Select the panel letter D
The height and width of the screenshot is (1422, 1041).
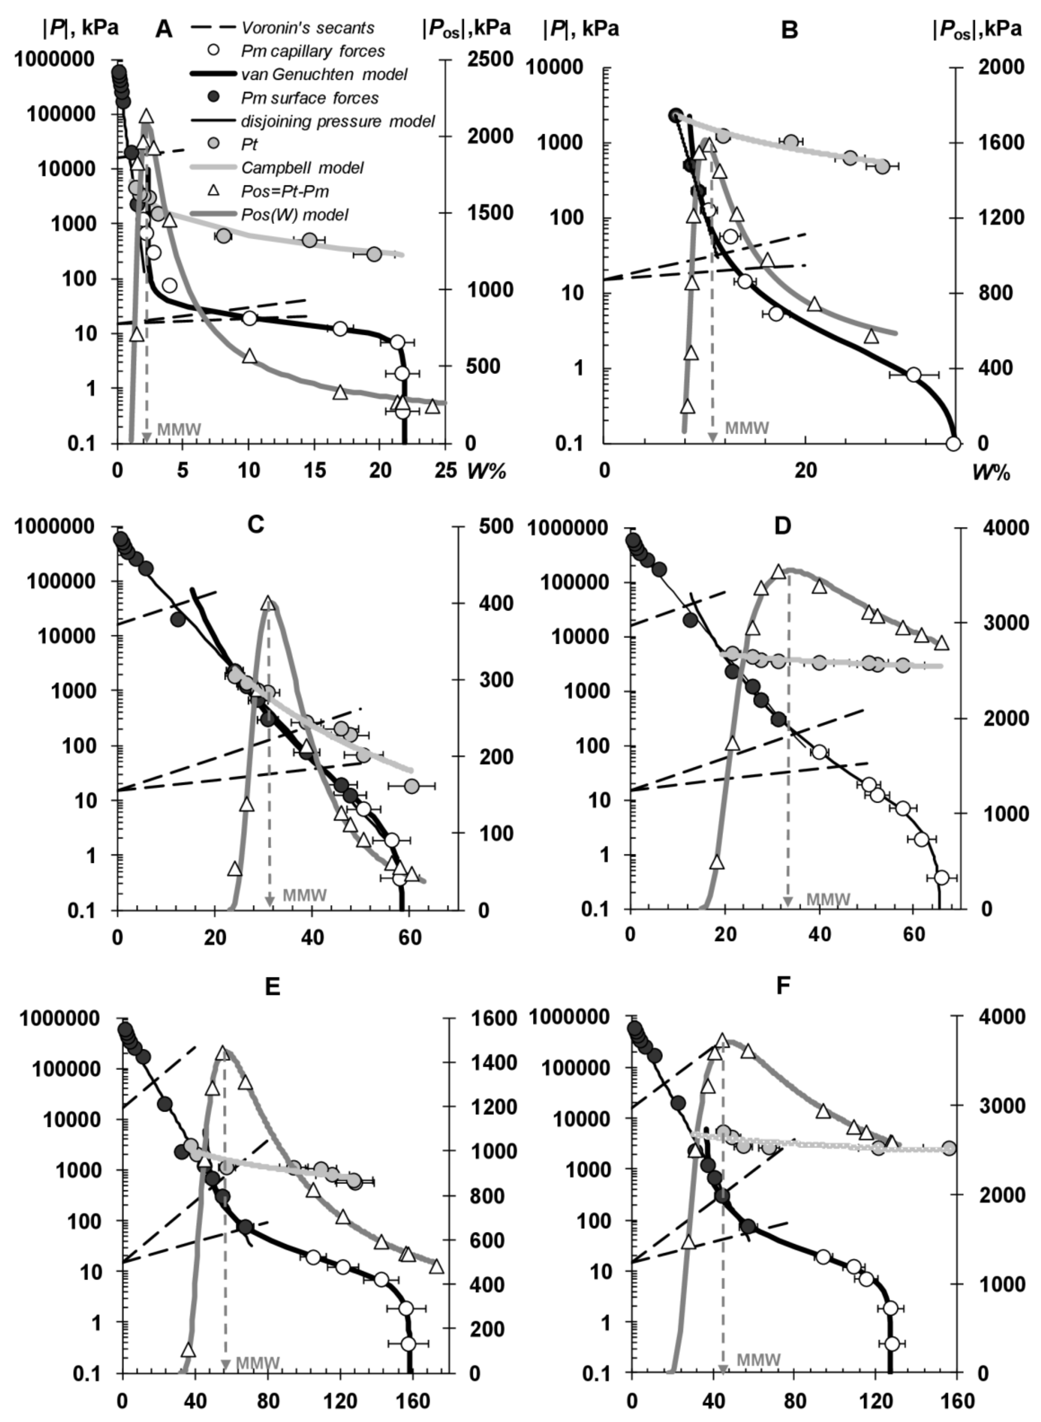(x=782, y=526)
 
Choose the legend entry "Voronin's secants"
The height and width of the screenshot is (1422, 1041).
(x=307, y=28)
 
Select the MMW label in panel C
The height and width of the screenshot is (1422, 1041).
(x=305, y=895)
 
